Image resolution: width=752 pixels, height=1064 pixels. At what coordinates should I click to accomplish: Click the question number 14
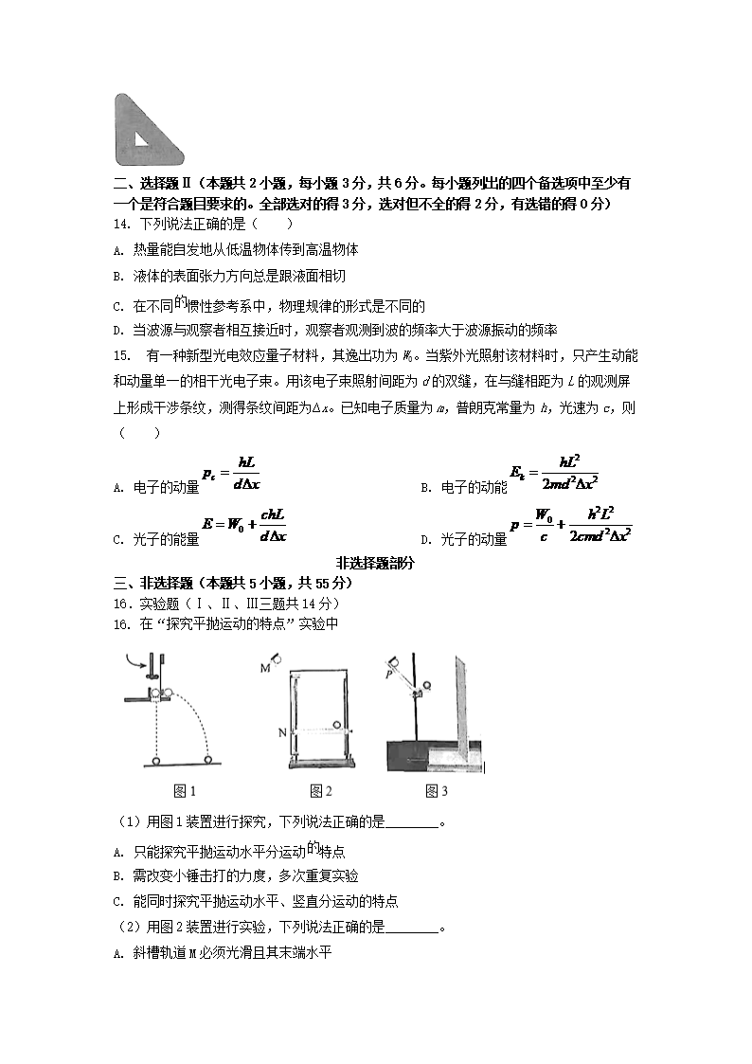(120, 225)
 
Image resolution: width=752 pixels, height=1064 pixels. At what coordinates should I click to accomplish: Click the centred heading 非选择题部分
(375, 562)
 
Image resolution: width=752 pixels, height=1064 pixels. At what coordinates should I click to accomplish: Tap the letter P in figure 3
(388, 675)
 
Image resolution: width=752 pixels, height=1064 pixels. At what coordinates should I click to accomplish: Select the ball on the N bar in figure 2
(336, 726)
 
